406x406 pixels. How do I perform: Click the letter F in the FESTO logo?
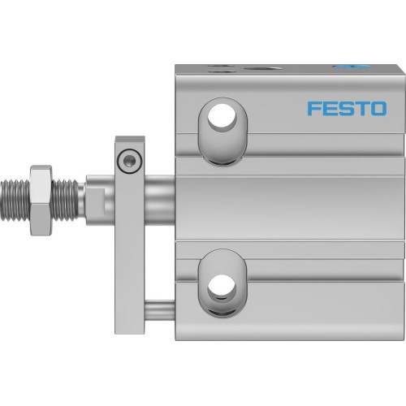pos(313,109)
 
